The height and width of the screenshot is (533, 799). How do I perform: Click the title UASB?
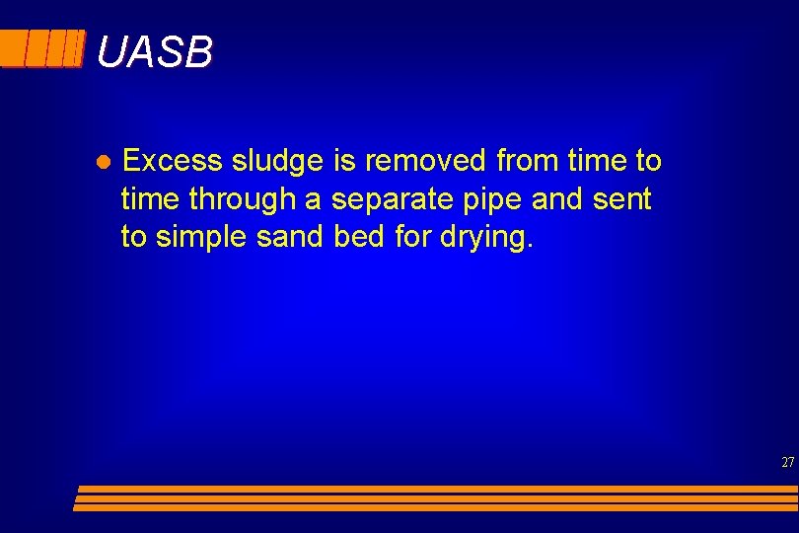pyautogui.click(x=155, y=52)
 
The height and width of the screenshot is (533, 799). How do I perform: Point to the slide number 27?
pyautogui.click(x=787, y=462)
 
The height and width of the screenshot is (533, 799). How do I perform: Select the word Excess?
pyautogui.click(x=174, y=160)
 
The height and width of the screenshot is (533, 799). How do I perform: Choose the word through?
pyautogui.click(x=243, y=200)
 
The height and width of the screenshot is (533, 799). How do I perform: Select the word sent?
pyautogui.click(x=621, y=199)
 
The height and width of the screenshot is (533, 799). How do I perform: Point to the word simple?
pyautogui.click(x=203, y=239)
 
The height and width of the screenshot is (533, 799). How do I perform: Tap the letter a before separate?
pyautogui.click(x=313, y=200)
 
